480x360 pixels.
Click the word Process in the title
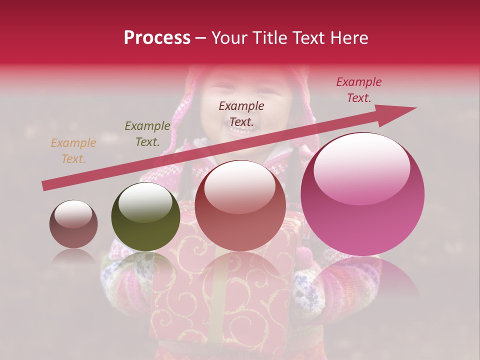157,38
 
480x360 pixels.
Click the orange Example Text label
73,151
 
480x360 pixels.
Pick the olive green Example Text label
147,134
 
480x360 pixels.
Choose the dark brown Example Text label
241,113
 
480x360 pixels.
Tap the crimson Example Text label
359,90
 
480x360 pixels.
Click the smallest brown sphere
73,224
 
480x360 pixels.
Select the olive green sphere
145,216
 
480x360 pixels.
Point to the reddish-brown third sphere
240,205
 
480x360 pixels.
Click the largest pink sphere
362,195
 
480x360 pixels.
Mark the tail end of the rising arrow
44,186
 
